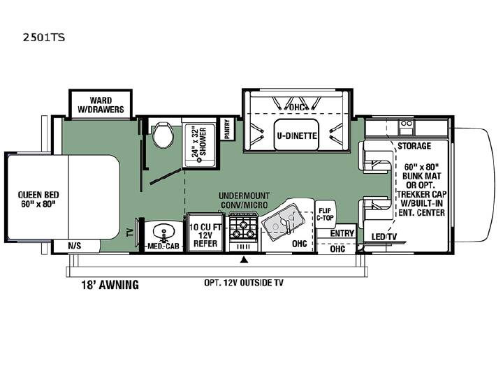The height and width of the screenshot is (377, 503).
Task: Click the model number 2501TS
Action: pos(43,38)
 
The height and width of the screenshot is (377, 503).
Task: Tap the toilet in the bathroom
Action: pos(162,134)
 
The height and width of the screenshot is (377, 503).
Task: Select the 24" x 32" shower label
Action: pos(199,142)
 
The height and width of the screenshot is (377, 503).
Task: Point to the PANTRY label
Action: pos(227,129)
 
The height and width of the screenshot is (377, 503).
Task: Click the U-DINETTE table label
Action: pos(297,135)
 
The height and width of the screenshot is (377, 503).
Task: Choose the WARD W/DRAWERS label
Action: pos(101,105)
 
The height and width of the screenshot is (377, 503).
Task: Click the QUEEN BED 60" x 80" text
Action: pos(38,199)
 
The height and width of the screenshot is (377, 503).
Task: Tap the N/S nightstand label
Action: pos(75,246)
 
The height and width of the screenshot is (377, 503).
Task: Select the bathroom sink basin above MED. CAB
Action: pos(163,231)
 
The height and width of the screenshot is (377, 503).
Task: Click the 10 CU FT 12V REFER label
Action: pos(205,235)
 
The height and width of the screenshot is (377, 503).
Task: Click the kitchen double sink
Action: pos(283,222)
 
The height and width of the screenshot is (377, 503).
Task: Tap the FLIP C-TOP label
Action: pos(325,214)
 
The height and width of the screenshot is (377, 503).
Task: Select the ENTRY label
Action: pos(342,233)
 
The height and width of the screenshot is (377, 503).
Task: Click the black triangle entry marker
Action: pos(245,259)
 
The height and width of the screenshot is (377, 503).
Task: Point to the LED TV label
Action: pos(384,237)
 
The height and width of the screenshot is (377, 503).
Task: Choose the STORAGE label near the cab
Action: pos(414,146)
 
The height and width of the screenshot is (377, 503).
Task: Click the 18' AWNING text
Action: pos(110,284)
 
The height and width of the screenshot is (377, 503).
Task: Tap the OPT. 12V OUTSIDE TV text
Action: pos(244,283)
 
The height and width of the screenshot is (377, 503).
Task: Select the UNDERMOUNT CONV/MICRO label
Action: pos(244,200)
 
